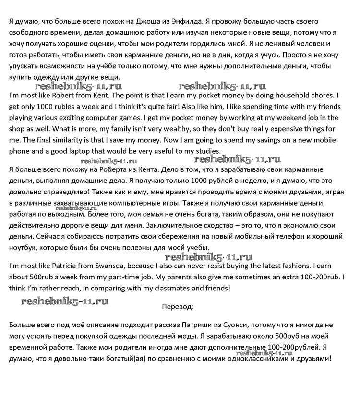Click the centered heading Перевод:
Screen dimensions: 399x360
click(178, 306)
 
